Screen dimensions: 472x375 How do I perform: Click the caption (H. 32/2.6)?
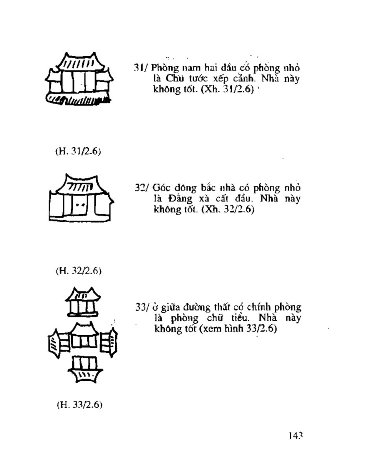tap(79, 271)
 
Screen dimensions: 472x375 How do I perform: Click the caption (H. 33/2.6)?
tap(79, 405)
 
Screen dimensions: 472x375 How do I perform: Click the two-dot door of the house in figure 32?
tap(80, 205)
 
